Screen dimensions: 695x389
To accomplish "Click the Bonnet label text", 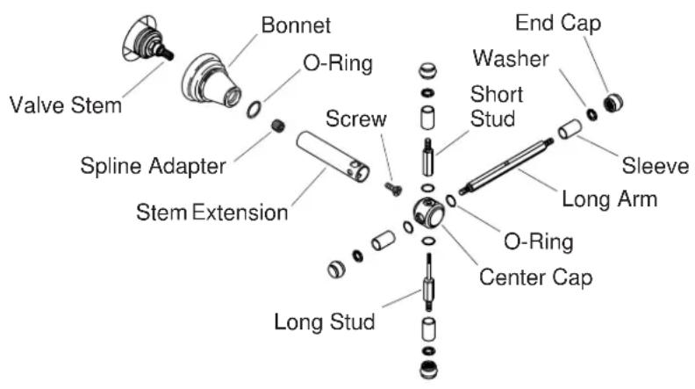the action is pyautogui.click(x=296, y=25).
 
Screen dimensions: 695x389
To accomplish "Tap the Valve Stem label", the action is pyautogui.click(x=66, y=105).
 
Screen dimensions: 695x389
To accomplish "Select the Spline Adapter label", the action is pyautogui.click(x=153, y=167).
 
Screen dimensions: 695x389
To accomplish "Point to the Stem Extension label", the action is pyautogui.click(x=211, y=213).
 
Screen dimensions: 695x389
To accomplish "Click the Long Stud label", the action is pyautogui.click(x=325, y=321).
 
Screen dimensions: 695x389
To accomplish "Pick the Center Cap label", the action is pyautogui.click(x=536, y=277).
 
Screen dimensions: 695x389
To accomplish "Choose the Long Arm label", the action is pyautogui.click(x=610, y=199).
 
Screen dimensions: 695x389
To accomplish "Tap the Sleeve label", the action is pyautogui.click(x=656, y=166).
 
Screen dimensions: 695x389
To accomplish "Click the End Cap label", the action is pyautogui.click(x=558, y=23).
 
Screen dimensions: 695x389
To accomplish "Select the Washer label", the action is pyautogui.click(x=511, y=59).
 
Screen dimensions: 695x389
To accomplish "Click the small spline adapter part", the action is pyautogui.click(x=278, y=126).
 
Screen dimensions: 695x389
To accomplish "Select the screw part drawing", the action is pyautogui.click(x=393, y=189).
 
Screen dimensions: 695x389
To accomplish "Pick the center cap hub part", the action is pyautogui.click(x=428, y=213).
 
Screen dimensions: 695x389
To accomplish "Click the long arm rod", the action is pyautogui.click(x=505, y=166).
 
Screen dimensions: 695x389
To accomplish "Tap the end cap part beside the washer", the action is pyautogui.click(x=613, y=103).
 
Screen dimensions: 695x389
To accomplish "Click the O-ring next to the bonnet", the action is pyautogui.click(x=254, y=110).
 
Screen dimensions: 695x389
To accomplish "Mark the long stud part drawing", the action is pyautogui.click(x=429, y=282).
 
